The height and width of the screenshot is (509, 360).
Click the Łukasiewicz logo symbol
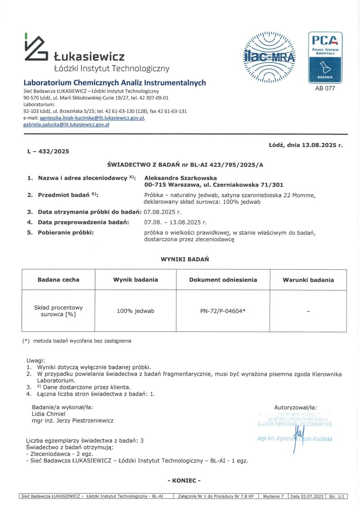pyautogui.click(x=36, y=47)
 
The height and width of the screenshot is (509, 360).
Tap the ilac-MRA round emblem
pyautogui.click(x=269, y=57)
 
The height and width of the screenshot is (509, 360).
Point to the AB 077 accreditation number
pyautogui.click(x=325, y=89)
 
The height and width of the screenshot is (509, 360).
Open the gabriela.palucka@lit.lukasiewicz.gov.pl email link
pyautogui.click(x=66, y=125)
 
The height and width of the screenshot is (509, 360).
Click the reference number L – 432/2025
pyautogui.click(x=48, y=152)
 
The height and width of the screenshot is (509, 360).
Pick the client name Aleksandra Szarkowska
pyautogui.click(x=180, y=178)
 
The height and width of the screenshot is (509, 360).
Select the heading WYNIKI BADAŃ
pyautogui.click(x=184, y=259)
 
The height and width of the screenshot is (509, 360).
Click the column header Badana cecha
pyautogui.click(x=58, y=280)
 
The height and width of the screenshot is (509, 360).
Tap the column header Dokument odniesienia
pyautogui.click(x=223, y=280)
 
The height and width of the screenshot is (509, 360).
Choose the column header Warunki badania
pyautogui.click(x=308, y=280)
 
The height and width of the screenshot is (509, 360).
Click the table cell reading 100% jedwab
pyautogui.click(x=135, y=311)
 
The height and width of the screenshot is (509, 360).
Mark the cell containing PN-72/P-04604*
pyautogui.click(x=223, y=311)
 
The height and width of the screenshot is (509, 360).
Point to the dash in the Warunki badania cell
pyautogui.click(x=308, y=311)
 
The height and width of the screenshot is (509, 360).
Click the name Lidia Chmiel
pyautogui.click(x=49, y=414)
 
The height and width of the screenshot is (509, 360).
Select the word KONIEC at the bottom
pyautogui.click(x=184, y=481)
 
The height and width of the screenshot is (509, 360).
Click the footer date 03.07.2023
pyautogui.click(x=312, y=496)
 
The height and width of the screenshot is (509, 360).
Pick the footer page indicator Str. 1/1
pyautogui.click(x=338, y=496)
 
